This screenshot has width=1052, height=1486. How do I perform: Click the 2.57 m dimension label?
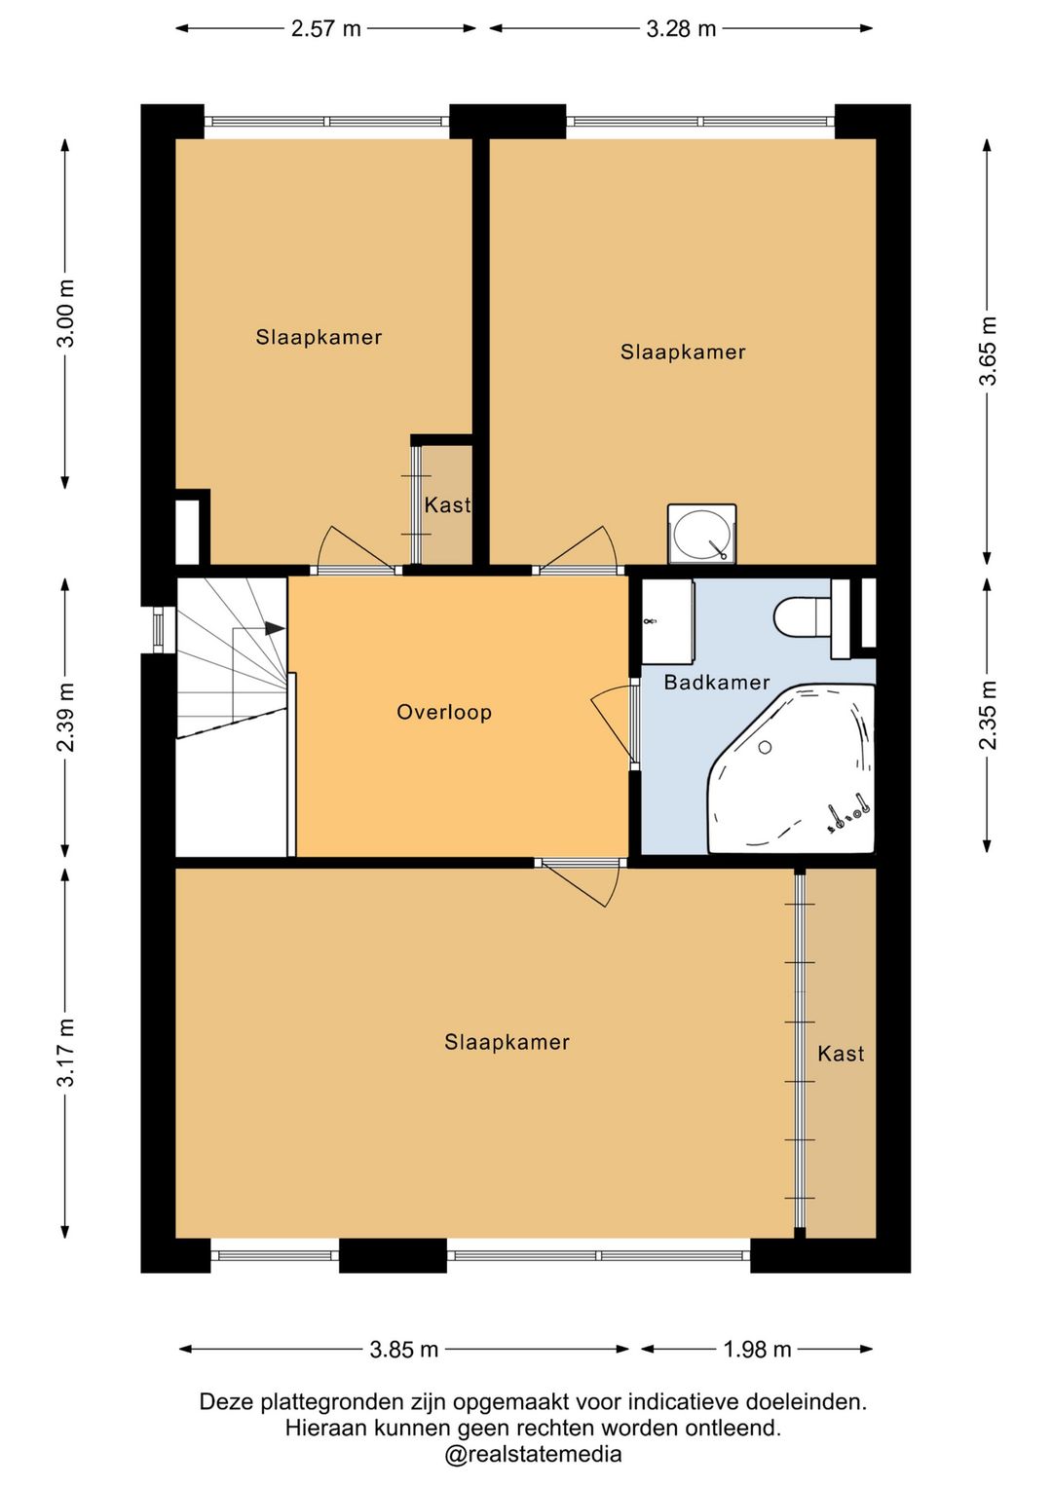(326, 29)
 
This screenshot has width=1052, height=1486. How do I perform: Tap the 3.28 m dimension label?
(681, 29)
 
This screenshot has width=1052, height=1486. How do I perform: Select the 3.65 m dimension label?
(989, 351)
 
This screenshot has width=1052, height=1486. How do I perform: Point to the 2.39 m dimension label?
(65, 717)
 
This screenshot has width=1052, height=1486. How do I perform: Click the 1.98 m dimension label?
(757, 1349)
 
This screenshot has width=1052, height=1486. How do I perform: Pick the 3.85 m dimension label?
(404, 1349)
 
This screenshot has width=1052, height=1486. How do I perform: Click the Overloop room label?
(444, 712)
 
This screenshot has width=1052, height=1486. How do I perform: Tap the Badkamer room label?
(717, 682)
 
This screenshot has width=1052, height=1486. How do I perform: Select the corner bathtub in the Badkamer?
(791, 768)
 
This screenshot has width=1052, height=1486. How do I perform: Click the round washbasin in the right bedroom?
(701, 535)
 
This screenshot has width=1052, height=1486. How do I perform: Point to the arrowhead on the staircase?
(275, 627)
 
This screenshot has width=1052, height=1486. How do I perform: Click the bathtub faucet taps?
(848, 815)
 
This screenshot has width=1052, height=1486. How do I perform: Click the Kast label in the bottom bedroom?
(841, 1054)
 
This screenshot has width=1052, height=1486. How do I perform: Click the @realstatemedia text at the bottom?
(534, 1454)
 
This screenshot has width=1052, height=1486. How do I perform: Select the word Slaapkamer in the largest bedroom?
(507, 1042)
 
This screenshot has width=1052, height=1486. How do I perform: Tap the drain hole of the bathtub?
(765, 747)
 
